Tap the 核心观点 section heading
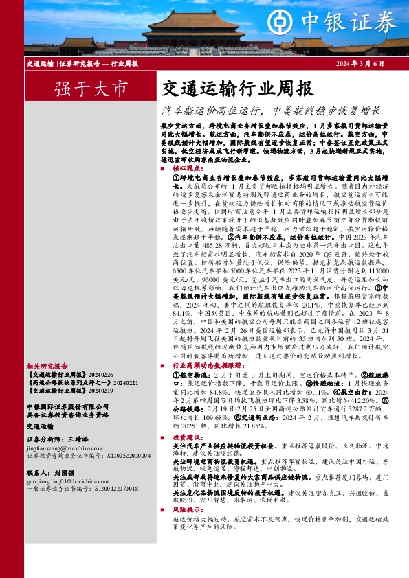tap(188, 167)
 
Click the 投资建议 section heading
tap(188, 437)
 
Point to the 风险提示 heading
tap(188, 509)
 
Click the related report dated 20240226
tap(62, 375)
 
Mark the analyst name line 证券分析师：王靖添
tap(58, 437)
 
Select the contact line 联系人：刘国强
tap(51, 473)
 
